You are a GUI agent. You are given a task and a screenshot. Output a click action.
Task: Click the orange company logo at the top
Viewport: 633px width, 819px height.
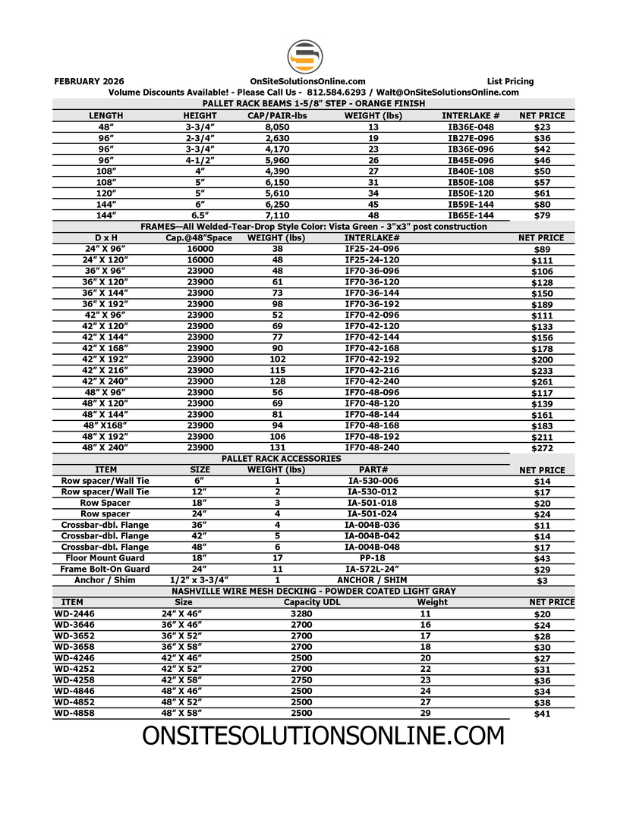coord(305,57)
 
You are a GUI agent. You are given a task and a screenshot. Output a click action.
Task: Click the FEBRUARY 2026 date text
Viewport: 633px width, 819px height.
coord(90,81)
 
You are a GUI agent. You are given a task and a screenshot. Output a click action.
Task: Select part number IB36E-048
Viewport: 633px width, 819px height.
coord(471,127)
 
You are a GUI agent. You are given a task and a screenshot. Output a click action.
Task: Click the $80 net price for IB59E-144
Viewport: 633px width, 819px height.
coord(542,205)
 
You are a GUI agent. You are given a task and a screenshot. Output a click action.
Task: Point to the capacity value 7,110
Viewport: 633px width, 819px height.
coord(277,215)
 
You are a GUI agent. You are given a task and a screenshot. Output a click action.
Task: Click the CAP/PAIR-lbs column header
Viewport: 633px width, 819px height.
coord(277,116)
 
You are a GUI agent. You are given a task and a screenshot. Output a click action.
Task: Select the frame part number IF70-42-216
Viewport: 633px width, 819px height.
coord(372,369)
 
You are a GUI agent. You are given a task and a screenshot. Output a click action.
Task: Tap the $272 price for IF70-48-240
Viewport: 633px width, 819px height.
coord(542,448)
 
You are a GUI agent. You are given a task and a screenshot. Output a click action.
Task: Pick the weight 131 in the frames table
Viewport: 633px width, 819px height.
coord(277,447)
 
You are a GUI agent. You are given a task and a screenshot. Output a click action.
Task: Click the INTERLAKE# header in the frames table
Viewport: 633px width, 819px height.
coord(372,238)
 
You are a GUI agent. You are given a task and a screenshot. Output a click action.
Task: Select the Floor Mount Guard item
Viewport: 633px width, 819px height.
coord(105,557)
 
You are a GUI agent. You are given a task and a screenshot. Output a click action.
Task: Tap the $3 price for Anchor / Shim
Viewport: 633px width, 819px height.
coord(542,581)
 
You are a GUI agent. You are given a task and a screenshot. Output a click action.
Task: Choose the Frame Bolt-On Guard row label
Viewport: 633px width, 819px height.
coord(105,569)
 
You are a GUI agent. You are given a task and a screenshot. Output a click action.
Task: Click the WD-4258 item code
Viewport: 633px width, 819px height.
coord(74,680)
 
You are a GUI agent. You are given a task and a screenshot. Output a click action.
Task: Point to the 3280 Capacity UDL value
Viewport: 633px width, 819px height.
coord(301,613)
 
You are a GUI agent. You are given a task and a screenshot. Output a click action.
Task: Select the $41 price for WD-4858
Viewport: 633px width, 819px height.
coord(542,714)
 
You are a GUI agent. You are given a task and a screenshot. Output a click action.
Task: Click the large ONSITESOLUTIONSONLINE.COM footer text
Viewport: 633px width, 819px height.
coord(323,735)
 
